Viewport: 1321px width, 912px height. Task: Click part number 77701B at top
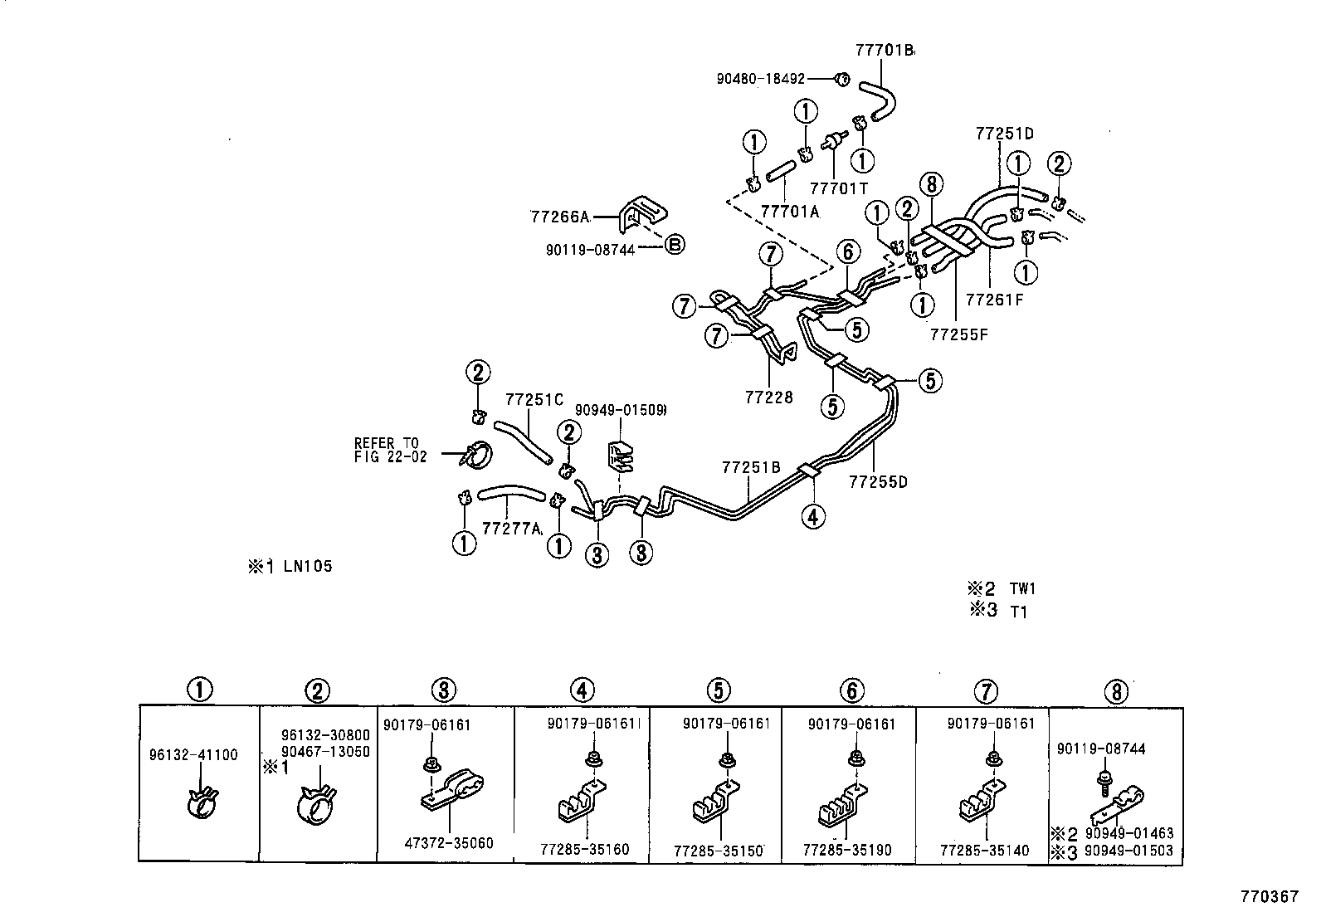(x=884, y=51)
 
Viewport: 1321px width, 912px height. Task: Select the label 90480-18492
(x=761, y=79)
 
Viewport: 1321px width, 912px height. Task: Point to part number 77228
(x=768, y=397)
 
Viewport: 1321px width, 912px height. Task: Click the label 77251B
(x=750, y=468)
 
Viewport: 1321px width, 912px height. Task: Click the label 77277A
(x=511, y=528)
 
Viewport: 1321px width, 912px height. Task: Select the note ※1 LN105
(x=290, y=567)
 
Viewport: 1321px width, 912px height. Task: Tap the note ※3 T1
(x=999, y=612)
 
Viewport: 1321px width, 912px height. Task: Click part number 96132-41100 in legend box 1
(x=193, y=755)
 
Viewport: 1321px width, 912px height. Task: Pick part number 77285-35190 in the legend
(x=846, y=850)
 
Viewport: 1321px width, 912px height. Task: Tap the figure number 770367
(x=1269, y=897)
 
